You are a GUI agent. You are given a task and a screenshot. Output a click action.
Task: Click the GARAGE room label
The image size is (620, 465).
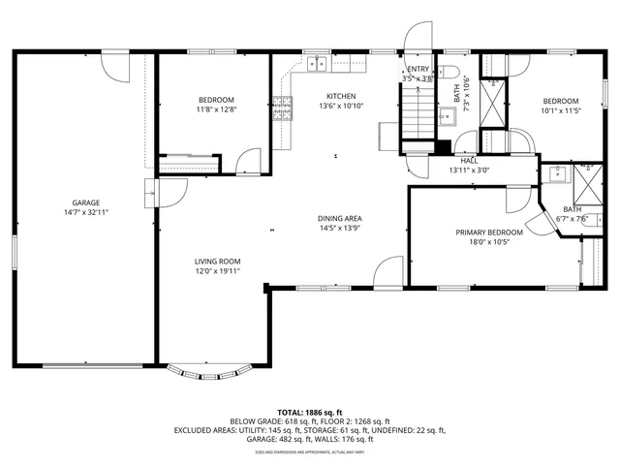[x=85, y=202]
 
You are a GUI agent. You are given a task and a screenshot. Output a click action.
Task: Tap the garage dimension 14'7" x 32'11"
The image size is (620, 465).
[x=85, y=211]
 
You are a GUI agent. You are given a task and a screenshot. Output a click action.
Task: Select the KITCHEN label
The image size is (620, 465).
[x=340, y=96]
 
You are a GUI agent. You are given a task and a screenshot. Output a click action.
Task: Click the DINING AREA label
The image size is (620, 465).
[x=340, y=219]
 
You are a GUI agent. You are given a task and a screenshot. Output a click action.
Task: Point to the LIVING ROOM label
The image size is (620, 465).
[x=217, y=262]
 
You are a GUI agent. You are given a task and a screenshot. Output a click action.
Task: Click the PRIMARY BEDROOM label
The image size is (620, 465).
[x=489, y=232]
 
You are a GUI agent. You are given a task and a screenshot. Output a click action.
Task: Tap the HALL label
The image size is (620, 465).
[x=469, y=161]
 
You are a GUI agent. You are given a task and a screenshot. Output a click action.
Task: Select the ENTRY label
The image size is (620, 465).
[x=418, y=70]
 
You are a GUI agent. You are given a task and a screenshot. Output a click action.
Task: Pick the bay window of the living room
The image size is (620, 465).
[x=211, y=372]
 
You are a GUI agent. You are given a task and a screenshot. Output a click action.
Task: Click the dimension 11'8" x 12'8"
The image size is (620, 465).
[x=217, y=109]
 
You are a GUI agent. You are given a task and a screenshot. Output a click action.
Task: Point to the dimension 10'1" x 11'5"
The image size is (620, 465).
[x=560, y=110]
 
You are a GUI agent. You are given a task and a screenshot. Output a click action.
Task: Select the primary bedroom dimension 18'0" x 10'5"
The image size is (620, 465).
[x=489, y=242]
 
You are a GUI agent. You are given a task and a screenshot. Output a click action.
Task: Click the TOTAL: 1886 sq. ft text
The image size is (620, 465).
[x=309, y=412]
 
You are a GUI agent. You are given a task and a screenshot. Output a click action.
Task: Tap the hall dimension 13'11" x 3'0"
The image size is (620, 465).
[x=469, y=170]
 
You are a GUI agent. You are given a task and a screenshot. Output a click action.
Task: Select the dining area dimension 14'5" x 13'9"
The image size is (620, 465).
[x=340, y=229]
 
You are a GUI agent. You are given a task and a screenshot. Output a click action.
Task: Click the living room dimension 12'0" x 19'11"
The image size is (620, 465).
[x=217, y=271]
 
